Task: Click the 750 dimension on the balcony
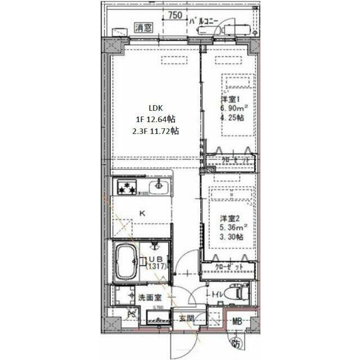click(175, 15)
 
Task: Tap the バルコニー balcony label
click(204, 21)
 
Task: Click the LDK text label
click(155, 108)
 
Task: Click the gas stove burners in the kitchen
click(127, 187)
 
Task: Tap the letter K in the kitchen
click(142, 213)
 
